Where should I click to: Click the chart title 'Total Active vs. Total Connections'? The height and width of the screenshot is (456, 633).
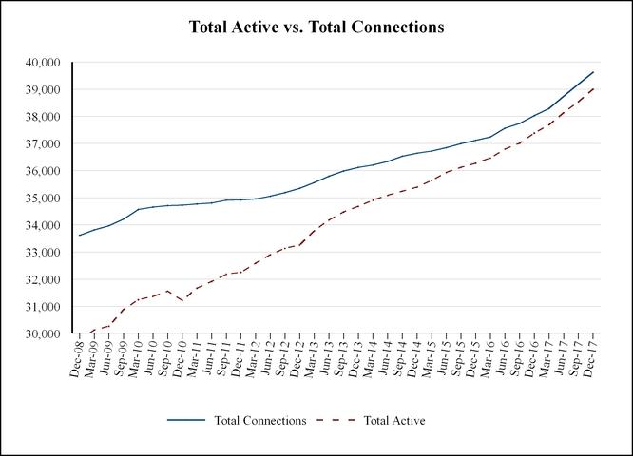pos(316,28)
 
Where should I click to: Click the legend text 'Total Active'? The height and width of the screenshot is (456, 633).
pos(393,419)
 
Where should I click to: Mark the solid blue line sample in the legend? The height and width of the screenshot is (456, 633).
pos(185,419)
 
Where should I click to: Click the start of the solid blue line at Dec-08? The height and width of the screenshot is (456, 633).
pos(79,236)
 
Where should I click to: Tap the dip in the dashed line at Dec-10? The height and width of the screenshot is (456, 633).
pos(182,301)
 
